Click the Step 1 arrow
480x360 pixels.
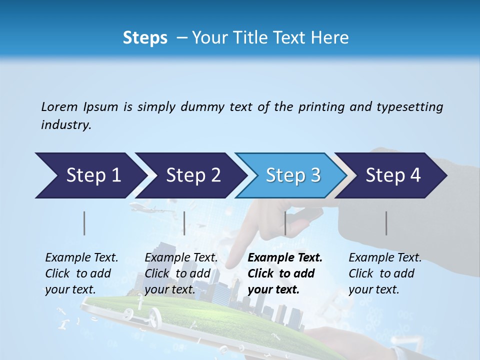click(x=90, y=175)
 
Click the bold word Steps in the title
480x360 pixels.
click(x=145, y=38)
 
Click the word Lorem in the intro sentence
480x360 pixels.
click(x=59, y=107)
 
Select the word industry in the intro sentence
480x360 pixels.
click(x=65, y=125)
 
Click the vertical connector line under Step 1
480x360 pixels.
click(x=84, y=223)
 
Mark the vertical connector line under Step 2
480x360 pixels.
click(x=184, y=223)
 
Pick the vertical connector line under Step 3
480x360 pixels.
click(x=285, y=223)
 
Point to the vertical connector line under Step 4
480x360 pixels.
click(x=386, y=223)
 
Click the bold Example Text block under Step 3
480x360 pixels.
click(x=285, y=273)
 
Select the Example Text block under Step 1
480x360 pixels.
click(x=81, y=273)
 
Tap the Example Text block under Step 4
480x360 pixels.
click(x=385, y=273)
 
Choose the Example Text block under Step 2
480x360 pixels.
click(x=181, y=273)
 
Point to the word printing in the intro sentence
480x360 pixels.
click(x=321, y=107)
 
